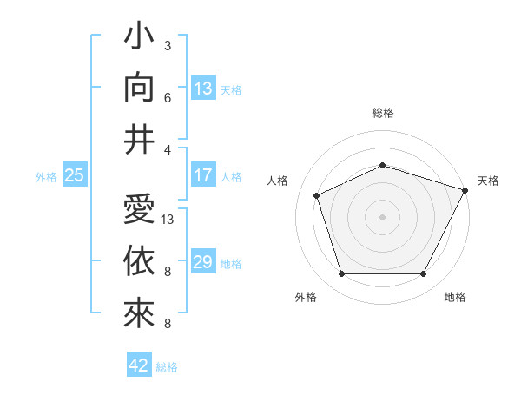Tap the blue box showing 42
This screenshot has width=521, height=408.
point(139,365)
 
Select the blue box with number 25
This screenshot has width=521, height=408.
point(74,176)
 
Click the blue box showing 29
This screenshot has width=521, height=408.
point(202,262)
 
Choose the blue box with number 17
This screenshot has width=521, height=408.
point(202,175)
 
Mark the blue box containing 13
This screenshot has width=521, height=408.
point(202,89)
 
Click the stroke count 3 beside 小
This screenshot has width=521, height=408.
point(168,45)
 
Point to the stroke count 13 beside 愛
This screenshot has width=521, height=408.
point(168,220)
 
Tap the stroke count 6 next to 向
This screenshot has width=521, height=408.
point(168,98)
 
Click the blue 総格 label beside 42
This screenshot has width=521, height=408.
point(167,367)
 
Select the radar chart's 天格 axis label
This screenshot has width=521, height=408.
point(488,181)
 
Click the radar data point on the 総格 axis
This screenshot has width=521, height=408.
point(382,165)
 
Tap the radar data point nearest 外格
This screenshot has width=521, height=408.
point(341,274)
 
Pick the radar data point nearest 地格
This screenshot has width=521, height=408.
point(423,274)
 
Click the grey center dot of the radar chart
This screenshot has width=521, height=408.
point(382,217)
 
